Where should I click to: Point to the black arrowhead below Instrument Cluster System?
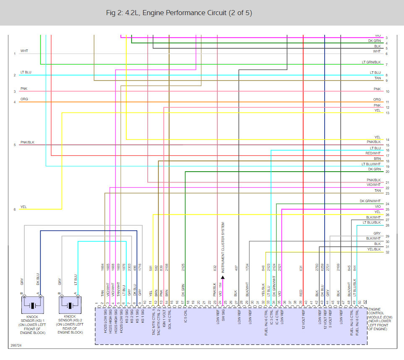[x=222, y=277]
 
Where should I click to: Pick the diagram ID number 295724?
[x=16, y=347]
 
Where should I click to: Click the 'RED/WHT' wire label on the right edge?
[x=373, y=154]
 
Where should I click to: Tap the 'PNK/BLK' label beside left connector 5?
[x=27, y=142]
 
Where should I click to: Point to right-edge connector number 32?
[x=387, y=252]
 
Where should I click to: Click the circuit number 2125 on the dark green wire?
[x=183, y=267]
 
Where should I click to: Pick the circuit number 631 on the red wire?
[x=301, y=268]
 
